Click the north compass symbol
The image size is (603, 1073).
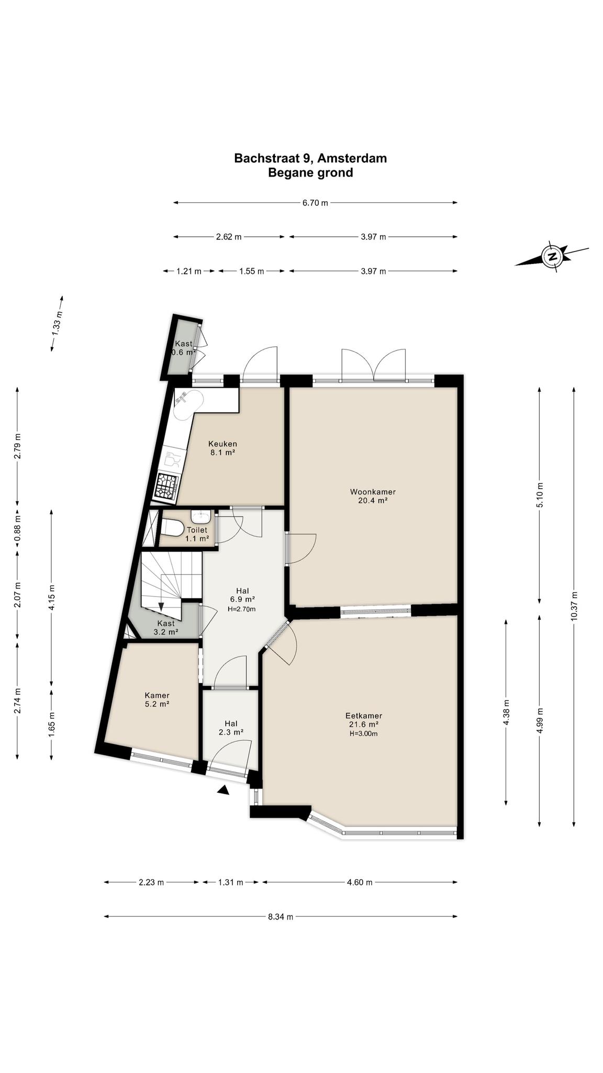click(552, 256)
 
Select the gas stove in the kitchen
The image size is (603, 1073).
click(168, 486)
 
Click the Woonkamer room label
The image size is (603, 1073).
click(373, 496)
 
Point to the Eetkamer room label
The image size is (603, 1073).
click(364, 720)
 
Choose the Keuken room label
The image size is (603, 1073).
click(222, 448)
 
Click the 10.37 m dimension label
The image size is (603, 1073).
click(574, 606)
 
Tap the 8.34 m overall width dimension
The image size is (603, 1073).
click(281, 917)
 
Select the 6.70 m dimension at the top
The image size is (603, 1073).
click(315, 203)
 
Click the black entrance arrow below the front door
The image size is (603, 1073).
click(224, 790)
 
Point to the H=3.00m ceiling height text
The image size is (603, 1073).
click(364, 733)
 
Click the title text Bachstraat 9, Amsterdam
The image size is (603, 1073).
click(310, 158)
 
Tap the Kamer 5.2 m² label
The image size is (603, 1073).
click(157, 700)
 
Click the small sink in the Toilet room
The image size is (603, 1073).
click(200, 517)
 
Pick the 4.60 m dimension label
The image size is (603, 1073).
click(360, 882)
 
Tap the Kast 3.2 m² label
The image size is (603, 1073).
click(166, 628)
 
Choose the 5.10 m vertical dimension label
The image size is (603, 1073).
click(540, 495)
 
